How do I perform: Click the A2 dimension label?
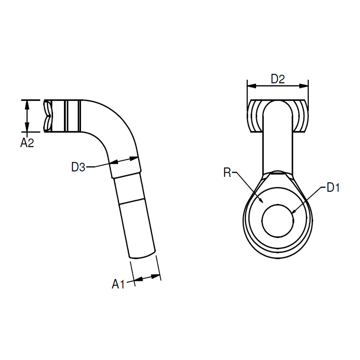(27, 143)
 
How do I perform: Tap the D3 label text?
(78, 167)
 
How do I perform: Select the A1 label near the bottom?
(118, 284)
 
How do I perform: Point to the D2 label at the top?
(278, 79)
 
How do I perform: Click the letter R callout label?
(227, 172)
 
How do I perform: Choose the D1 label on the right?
(333, 188)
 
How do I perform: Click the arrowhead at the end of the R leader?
(261, 200)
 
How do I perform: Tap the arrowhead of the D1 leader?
(294, 211)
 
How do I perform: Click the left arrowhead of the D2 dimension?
(252, 86)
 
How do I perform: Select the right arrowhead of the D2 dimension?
(304, 86)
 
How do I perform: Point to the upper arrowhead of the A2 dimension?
(27, 105)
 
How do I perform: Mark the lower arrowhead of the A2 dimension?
(27, 127)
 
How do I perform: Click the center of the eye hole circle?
(278, 220)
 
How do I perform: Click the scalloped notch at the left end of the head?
(48, 116)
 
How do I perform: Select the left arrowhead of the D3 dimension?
(114, 162)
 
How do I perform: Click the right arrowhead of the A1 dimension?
(155, 277)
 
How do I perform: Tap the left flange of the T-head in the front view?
(255, 116)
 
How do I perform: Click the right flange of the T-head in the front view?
(300, 116)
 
